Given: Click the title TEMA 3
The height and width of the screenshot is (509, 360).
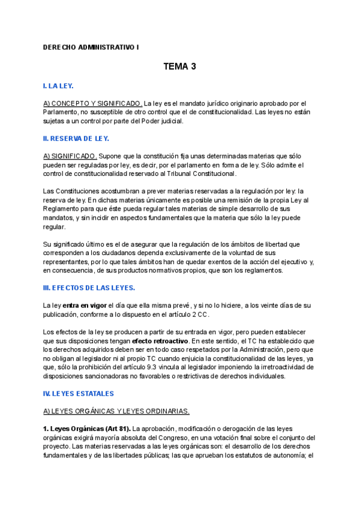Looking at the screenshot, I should [x=180, y=67].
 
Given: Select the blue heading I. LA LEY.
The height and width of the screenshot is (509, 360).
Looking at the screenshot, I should [x=58, y=86].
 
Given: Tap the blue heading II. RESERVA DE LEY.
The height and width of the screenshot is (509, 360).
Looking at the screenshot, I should [x=76, y=139].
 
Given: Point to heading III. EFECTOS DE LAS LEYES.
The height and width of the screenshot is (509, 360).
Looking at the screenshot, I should [x=89, y=288].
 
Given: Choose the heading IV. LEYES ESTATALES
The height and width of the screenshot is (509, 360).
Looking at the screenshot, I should [x=79, y=394].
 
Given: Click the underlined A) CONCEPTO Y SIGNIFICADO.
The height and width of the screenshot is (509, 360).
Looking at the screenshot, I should [x=93, y=103].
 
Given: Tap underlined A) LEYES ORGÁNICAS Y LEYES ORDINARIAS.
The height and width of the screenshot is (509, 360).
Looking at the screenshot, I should [x=116, y=411].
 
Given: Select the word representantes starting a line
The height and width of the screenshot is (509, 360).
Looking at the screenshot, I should [x=67, y=262].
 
